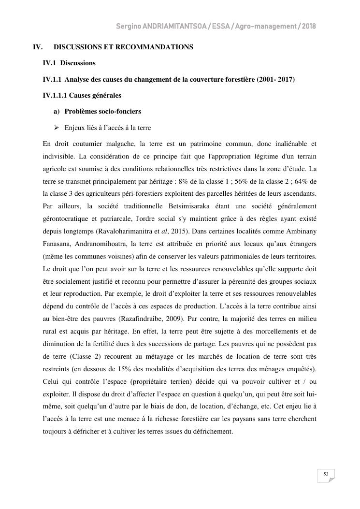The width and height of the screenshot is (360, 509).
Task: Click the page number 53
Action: [326, 474]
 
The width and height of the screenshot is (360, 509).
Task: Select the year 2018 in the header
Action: [308, 26]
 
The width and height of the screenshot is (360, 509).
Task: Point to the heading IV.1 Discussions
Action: [69, 63]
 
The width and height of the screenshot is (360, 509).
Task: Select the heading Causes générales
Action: [95, 95]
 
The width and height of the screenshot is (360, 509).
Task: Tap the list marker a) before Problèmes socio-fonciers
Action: [57, 111]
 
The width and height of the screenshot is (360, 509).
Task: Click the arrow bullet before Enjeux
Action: [57, 128]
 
